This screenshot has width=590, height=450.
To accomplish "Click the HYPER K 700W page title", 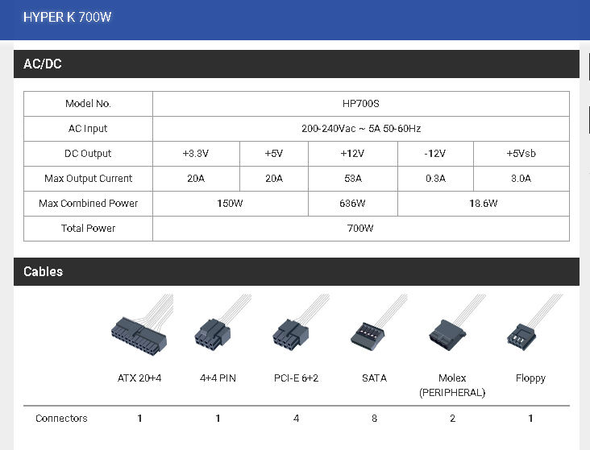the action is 68,17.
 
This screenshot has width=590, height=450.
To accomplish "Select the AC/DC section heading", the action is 43,64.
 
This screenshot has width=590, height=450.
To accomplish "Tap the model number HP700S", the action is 361,104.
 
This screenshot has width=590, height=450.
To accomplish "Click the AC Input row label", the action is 88,129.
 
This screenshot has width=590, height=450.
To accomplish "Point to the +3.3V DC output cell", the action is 196,154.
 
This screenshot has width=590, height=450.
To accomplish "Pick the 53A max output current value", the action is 353,178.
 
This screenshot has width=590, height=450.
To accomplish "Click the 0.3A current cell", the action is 436,178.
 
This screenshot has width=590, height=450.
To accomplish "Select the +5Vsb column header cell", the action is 521,154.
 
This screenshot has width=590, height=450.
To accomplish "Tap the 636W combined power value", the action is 352,204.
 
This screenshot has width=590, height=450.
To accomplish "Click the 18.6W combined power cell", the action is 483,204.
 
